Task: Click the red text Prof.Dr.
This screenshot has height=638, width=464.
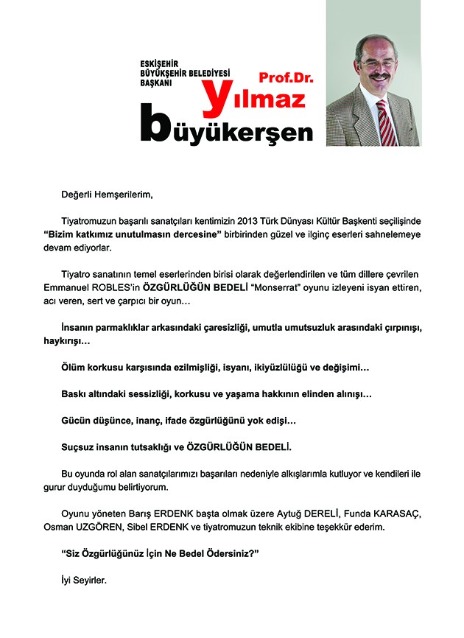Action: click(281, 77)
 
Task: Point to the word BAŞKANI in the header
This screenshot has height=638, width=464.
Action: click(157, 84)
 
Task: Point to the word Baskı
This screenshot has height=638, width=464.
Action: click(74, 394)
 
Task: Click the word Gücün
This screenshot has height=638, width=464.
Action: click(76, 421)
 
